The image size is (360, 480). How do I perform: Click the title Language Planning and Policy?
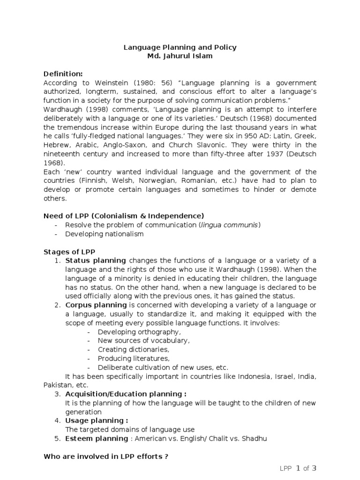pyautogui.click(x=180, y=47)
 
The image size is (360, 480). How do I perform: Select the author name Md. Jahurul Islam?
pyautogui.click(x=180, y=56)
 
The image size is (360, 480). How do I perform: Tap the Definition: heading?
pyautogui.click(x=63, y=74)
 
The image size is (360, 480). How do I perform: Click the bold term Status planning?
pyautogui.click(x=96, y=261)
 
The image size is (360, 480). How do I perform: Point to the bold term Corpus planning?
pyautogui.click(x=97, y=305)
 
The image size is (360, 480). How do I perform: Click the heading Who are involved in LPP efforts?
pyautogui.click(x=106, y=456)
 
